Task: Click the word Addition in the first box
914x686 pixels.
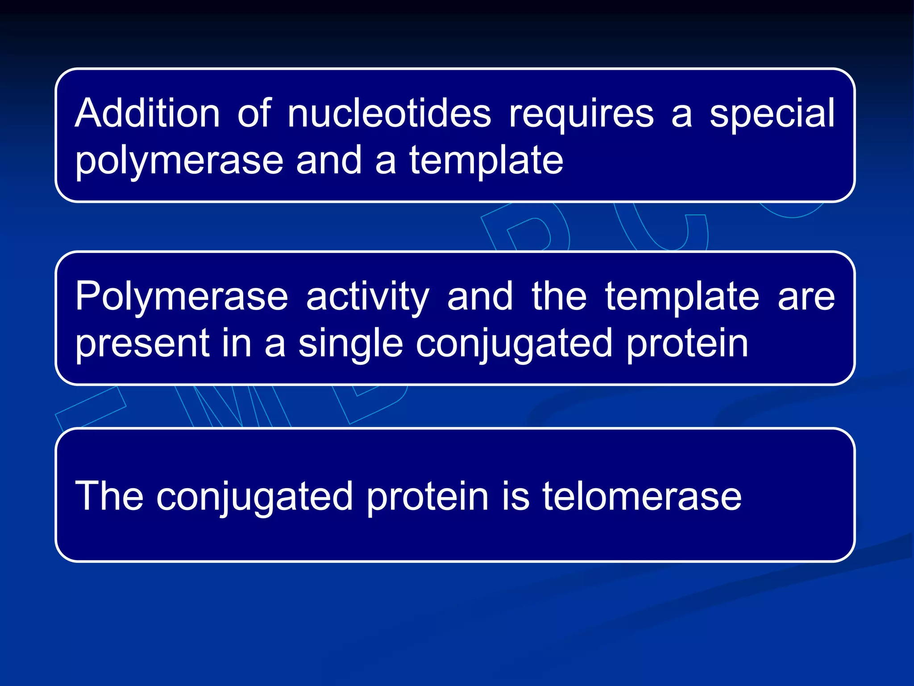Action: pos(147,113)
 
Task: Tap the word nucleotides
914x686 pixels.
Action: pos(389,113)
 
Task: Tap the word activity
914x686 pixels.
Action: pos(368,297)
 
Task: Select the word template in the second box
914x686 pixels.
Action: pos(682,297)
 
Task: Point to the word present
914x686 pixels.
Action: pos(142,344)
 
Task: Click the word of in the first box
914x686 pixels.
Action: pos(254,113)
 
